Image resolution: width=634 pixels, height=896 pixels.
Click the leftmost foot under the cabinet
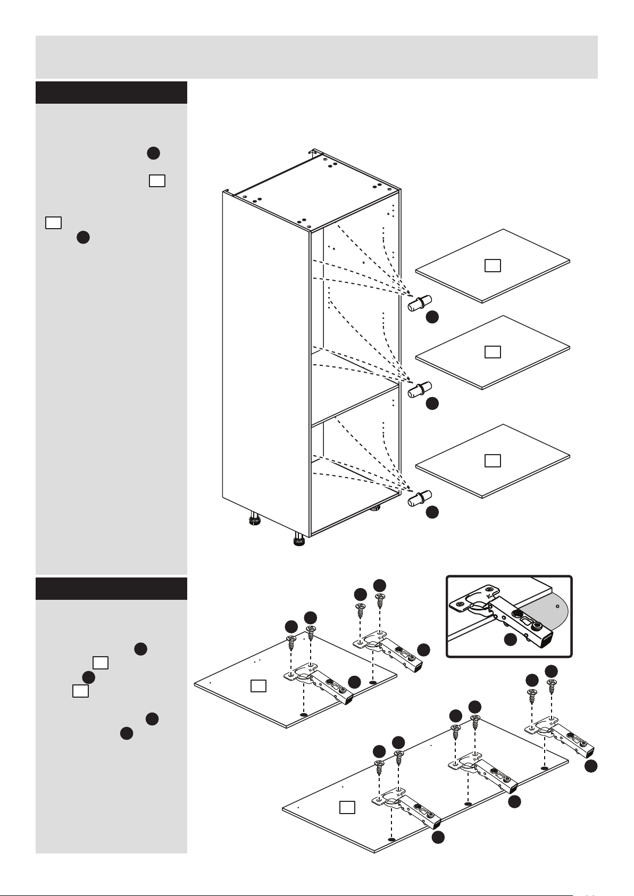(254, 518)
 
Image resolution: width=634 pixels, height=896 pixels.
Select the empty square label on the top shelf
(493, 265)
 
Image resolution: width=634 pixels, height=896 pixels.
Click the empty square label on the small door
(258, 686)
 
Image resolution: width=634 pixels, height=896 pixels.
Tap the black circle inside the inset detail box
(510, 640)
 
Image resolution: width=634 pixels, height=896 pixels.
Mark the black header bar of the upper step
(111, 93)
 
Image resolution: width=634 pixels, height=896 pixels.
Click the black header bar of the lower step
(111, 589)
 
